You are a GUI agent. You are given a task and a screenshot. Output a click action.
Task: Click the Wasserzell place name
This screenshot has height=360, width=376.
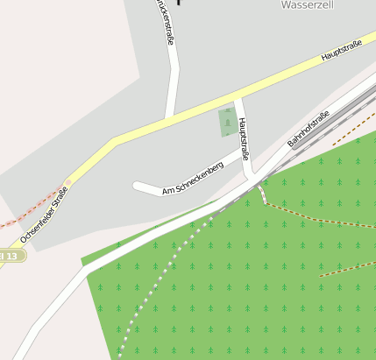(305, 4)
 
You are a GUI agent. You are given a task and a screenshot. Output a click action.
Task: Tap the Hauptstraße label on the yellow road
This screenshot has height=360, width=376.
(341, 51)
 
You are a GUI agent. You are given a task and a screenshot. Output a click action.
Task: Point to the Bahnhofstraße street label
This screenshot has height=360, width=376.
(309, 129)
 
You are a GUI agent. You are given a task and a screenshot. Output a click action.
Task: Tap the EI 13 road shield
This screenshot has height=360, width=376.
(11, 255)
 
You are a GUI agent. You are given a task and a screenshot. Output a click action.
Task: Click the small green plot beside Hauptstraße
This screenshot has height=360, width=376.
(227, 123)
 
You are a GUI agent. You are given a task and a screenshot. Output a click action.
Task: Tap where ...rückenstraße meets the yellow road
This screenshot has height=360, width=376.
(168, 118)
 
